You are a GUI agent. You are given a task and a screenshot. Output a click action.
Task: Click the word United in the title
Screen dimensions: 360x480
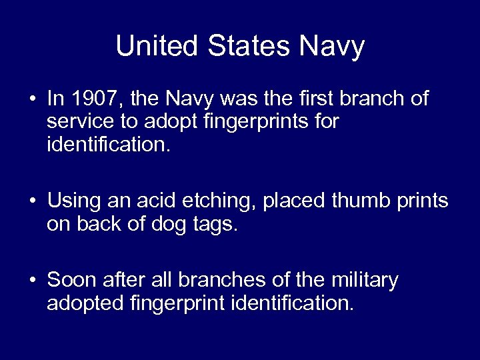(x=157, y=47)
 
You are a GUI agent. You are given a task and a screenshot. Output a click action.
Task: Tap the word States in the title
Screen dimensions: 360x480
(x=249, y=47)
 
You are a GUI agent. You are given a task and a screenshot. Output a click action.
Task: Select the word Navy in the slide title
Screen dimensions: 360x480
(x=333, y=47)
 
